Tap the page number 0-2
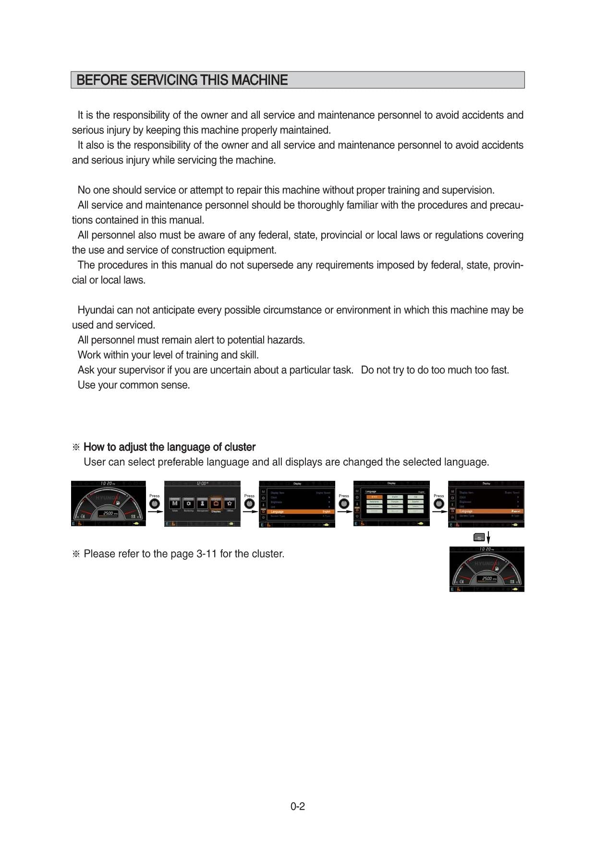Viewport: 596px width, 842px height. click(297, 806)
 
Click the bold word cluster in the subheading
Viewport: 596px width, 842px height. click(240, 447)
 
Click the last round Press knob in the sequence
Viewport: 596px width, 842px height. click(438, 504)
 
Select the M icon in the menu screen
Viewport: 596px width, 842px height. click(175, 504)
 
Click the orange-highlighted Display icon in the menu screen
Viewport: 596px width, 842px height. click(216, 504)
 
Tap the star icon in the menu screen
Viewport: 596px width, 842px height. click(230, 504)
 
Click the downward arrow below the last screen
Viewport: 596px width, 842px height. click(488, 537)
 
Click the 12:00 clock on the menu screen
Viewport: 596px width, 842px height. click(202, 484)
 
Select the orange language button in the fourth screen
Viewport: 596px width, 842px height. click(374, 497)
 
